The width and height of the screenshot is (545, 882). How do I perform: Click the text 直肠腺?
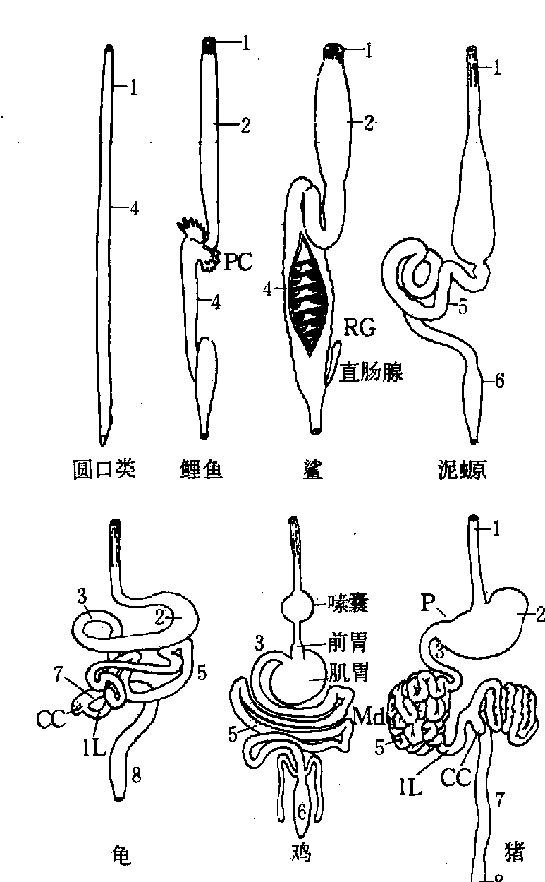372,372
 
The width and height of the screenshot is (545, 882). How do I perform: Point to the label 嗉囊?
345,602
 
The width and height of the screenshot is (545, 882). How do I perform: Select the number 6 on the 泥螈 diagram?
499,381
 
